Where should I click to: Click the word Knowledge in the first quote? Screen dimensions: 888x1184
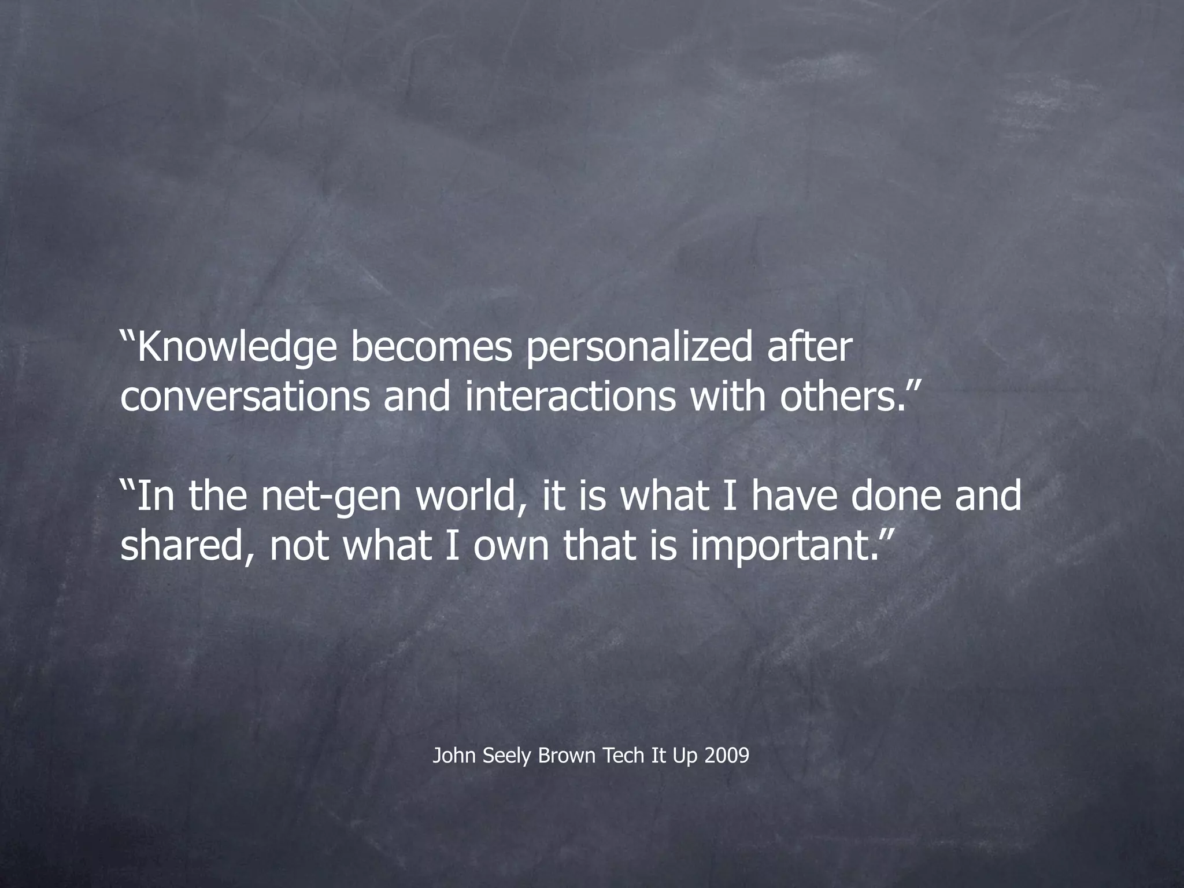(236, 349)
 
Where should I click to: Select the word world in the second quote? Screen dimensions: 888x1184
(471, 497)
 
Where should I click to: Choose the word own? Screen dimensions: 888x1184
(511, 546)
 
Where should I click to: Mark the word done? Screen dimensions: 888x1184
(896, 497)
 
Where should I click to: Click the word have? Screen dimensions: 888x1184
(793, 497)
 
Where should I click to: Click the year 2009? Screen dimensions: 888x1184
(727, 756)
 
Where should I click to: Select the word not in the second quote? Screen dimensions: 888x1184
(299, 546)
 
